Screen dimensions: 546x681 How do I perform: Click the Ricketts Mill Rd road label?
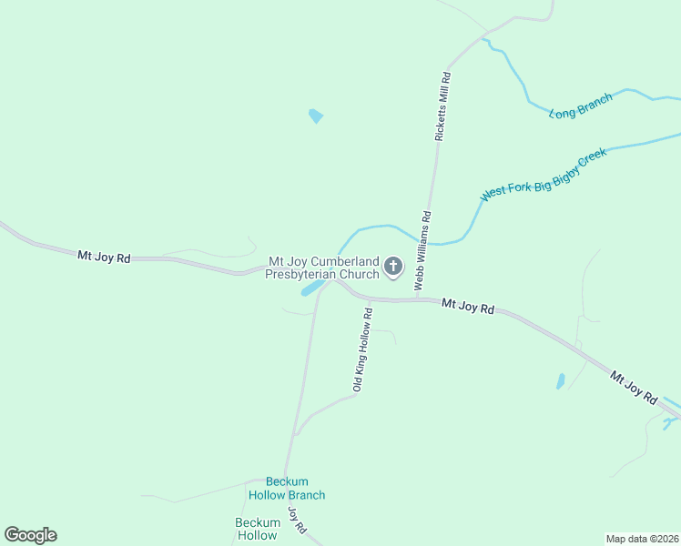click(x=442, y=106)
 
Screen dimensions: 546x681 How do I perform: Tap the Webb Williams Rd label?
click(x=423, y=250)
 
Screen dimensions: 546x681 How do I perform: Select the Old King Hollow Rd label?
click(x=363, y=350)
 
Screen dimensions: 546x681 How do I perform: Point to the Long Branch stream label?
click(x=581, y=106)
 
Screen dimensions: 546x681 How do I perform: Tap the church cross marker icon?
click(x=393, y=267)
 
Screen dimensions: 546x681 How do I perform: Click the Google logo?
click(x=31, y=535)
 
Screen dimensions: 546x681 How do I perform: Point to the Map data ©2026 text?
click(x=642, y=538)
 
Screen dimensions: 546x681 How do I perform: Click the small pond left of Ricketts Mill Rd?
click(x=316, y=116)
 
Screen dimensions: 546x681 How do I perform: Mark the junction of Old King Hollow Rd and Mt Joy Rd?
click(x=371, y=299)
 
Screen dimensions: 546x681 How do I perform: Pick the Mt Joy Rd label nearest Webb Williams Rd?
click(x=467, y=308)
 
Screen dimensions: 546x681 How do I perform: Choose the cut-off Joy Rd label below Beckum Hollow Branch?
click(x=298, y=521)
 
